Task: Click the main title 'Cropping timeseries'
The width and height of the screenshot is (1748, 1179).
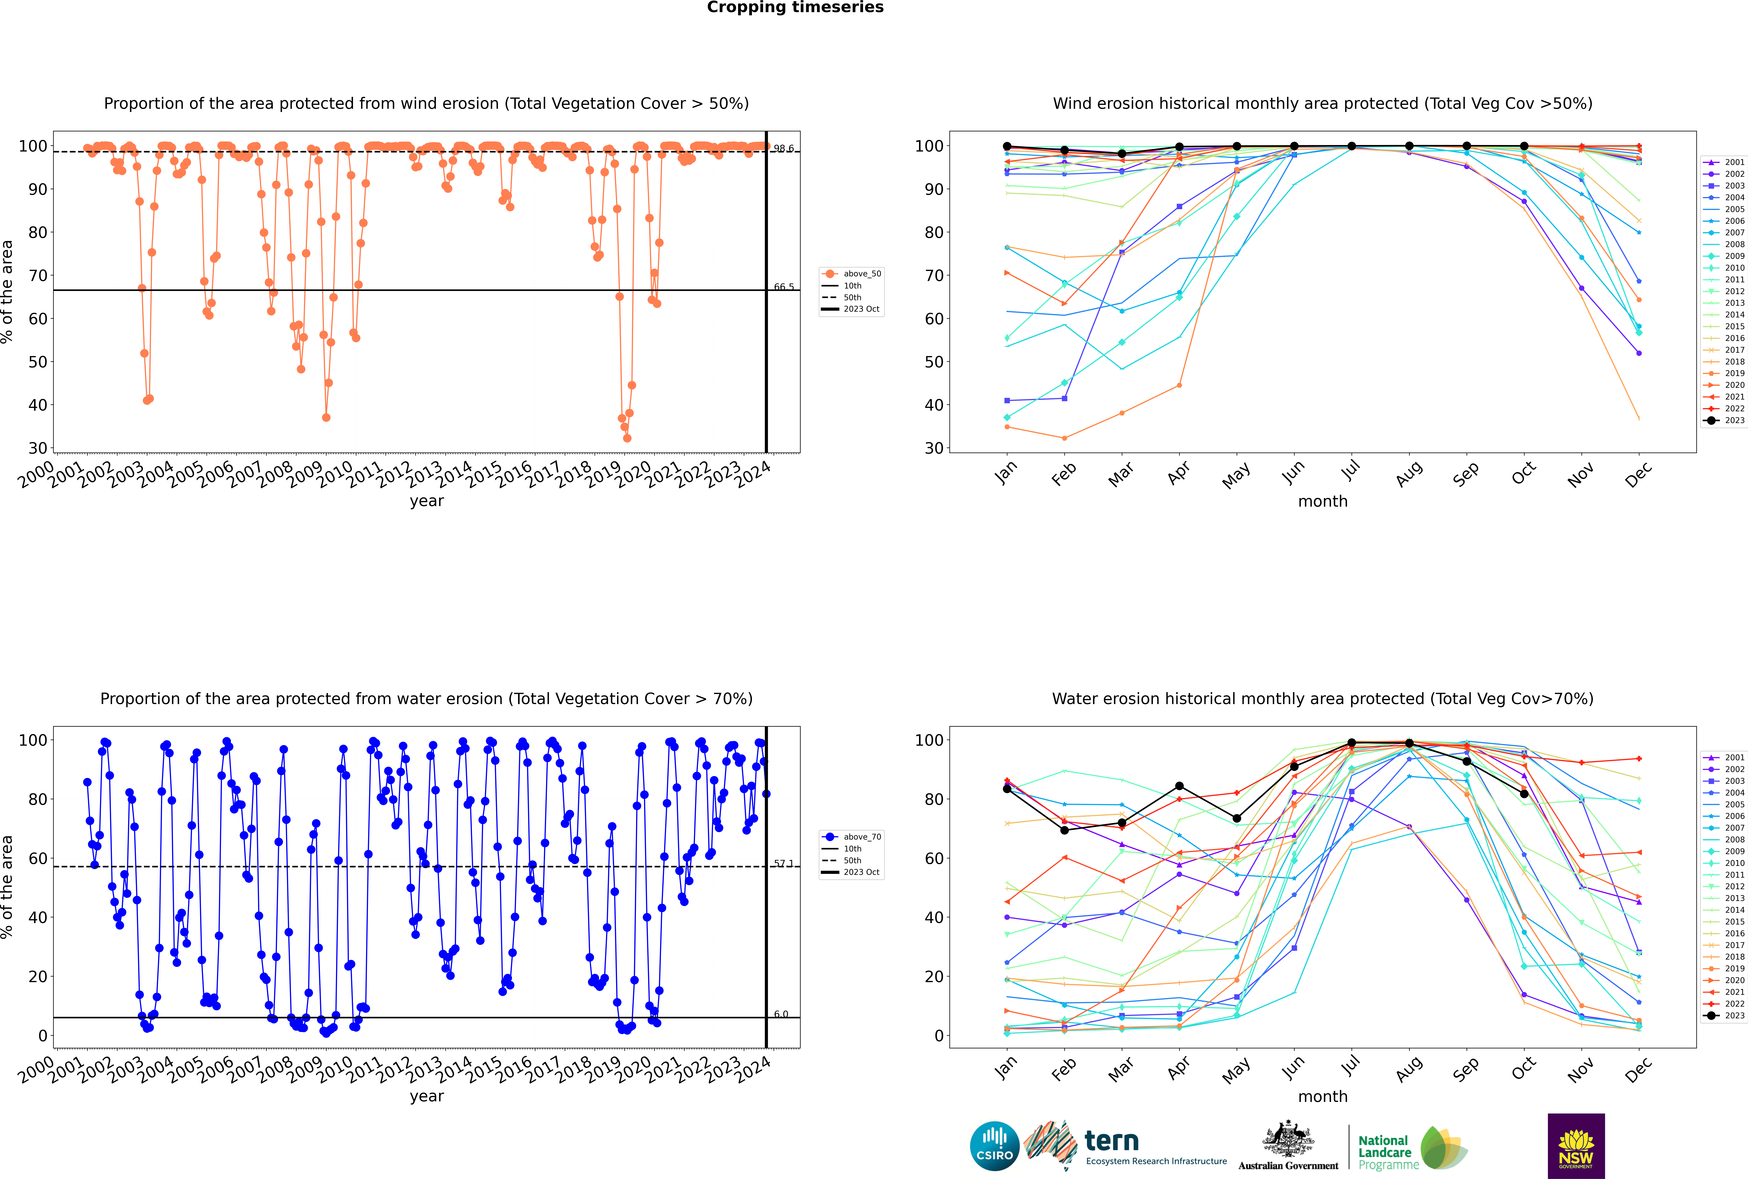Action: click(x=795, y=7)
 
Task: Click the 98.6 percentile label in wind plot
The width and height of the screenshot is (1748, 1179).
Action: click(x=784, y=149)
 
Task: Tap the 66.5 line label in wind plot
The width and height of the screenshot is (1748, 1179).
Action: click(x=784, y=287)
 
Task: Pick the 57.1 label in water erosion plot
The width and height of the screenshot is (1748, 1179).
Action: click(x=784, y=864)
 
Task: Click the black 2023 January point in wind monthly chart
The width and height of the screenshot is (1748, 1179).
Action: click(x=1007, y=147)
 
